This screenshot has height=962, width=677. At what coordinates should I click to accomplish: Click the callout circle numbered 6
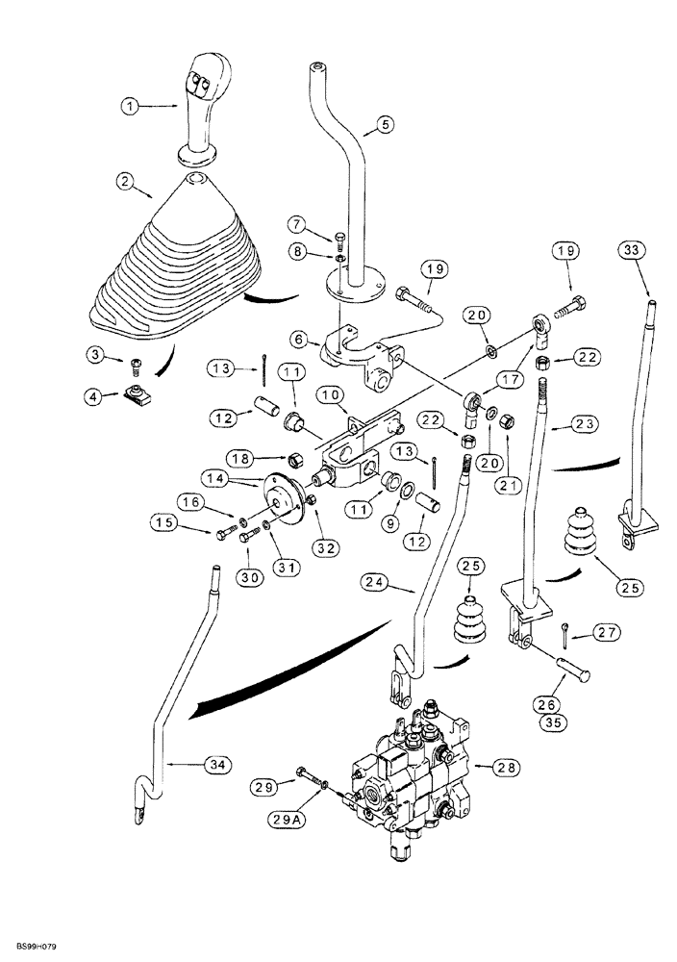(x=298, y=340)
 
